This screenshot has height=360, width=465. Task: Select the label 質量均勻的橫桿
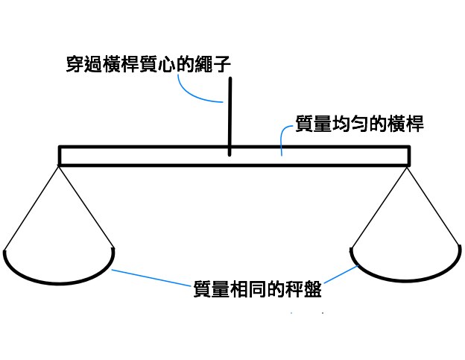pos(360,124)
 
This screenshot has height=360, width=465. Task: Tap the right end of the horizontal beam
pos(406,155)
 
